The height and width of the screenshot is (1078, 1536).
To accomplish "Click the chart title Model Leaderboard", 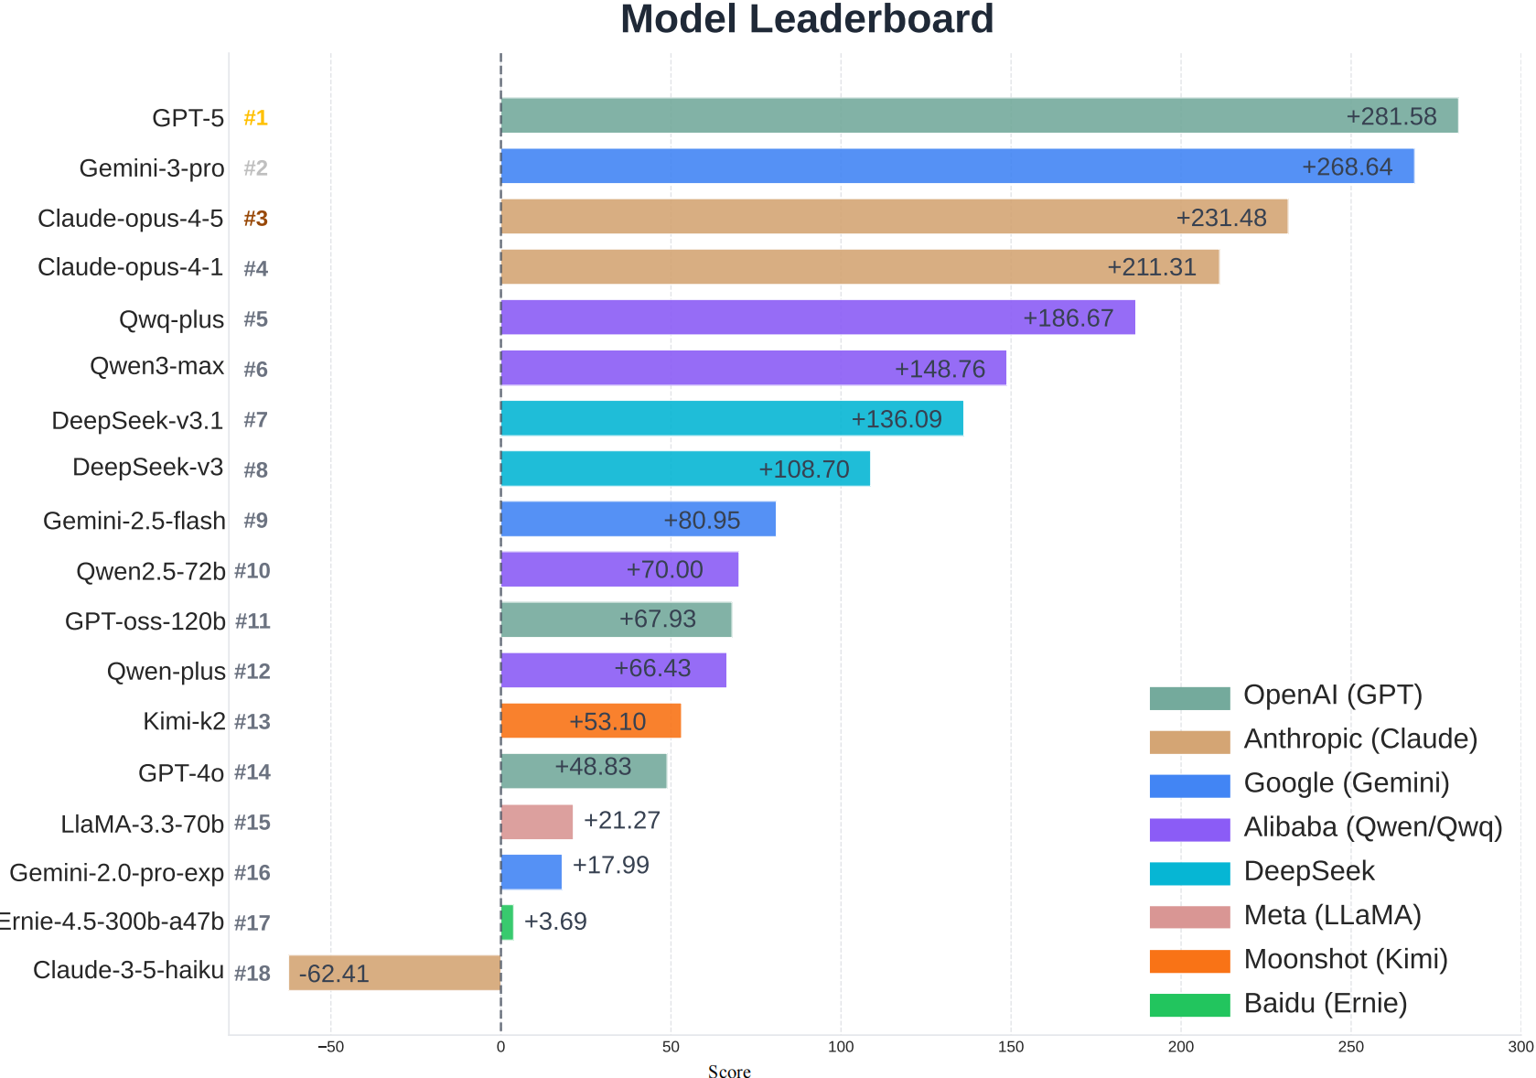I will [x=806, y=19].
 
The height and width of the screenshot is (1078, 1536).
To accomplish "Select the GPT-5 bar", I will [x=979, y=116].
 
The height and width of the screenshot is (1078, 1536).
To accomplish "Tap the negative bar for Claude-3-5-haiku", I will [x=395, y=973].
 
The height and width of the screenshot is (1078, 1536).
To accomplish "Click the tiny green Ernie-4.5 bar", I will [x=507, y=922].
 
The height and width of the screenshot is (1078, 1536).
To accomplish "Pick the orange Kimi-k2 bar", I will [x=590, y=721].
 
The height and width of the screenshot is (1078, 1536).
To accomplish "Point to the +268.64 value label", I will [x=1347, y=167].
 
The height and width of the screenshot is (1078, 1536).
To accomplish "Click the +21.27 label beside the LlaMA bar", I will [x=622, y=820].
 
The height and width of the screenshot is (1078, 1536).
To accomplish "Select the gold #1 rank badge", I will [x=255, y=118].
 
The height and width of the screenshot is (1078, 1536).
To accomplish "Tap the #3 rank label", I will [x=255, y=219].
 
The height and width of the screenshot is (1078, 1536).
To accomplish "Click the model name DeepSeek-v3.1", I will [x=137, y=420].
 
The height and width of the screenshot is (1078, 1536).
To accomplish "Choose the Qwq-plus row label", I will [x=171, y=319].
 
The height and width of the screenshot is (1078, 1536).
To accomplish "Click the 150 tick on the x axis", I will [x=1011, y=1047].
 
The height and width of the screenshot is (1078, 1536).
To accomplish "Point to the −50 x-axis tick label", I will [x=330, y=1047].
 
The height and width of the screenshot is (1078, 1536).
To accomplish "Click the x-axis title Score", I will [x=729, y=1072].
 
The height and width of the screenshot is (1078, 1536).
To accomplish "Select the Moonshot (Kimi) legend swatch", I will [x=1189, y=961].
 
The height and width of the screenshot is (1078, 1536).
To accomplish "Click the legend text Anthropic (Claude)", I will [x=1360, y=738].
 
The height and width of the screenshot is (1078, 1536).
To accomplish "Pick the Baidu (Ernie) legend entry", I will [x=1325, y=1003].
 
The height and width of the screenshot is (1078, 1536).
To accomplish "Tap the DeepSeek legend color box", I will [x=1189, y=873].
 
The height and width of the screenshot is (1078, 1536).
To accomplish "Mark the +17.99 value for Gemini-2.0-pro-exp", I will [x=610, y=865].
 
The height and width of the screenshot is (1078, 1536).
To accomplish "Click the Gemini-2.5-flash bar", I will [x=638, y=519].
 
